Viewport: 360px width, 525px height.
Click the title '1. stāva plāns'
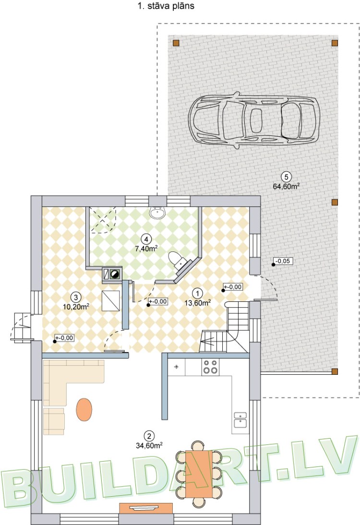coord(166,7)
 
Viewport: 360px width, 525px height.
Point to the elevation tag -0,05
coord(282,262)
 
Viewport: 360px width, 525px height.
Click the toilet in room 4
coord(178,260)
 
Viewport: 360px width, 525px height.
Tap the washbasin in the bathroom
coord(157,213)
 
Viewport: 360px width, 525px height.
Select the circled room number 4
coord(146,238)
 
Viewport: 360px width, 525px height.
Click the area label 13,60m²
coord(197,302)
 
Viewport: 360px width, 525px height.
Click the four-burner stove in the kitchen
coord(209,367)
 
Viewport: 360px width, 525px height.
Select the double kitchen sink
coord(240,419)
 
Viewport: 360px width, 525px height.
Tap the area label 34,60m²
coord(149,445)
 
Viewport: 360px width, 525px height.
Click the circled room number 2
coord(149,436)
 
